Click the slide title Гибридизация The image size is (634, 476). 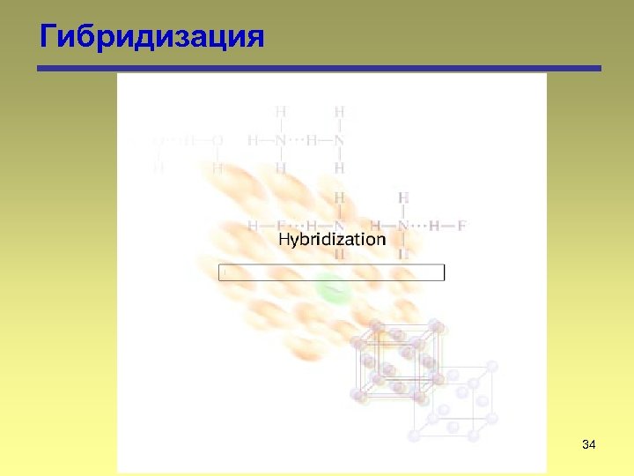click(x=151, y=37)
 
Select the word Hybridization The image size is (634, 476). click(x=332, y=239)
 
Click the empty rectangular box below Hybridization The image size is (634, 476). click(x=331, y=272)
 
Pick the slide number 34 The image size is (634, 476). click(x=589, y=446)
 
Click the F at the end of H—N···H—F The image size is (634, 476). click(x=461, y=225)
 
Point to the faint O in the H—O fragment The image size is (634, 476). click(x=217, y=140)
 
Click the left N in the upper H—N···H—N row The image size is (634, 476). click(x=281, y=140)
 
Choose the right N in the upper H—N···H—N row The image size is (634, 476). click(x=339, y=140)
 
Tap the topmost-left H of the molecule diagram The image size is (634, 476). click(x=281, y=112)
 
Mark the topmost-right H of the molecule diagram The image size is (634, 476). click(x=339, y=112)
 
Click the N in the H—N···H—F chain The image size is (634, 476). click(x=403, y=225)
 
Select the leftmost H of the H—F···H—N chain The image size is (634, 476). click(x=254, y=225)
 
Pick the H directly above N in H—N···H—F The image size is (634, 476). click(x=403, y=197)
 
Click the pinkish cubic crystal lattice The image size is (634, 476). click(x=396, y=361)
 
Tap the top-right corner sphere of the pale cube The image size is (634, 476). click(x=491, y=366)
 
